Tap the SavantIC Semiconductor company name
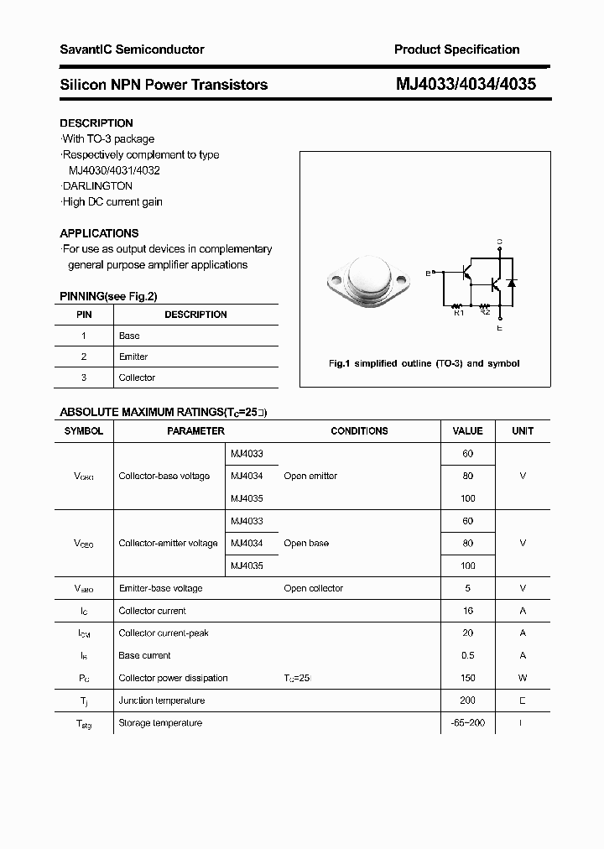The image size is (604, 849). click(x=132, y=49)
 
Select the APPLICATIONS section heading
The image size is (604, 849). click(x=99, y=233)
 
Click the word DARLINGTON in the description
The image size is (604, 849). click(x=97, y=186)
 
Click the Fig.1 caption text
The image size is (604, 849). click(x=424, y=363)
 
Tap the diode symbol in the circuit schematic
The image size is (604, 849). click(x=512, y=284)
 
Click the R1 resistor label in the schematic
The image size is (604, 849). click(x=458, y=313)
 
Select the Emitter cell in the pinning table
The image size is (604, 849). click(x=133, y=357)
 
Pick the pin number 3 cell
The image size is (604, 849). click(x=84, y=378)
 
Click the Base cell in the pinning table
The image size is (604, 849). click(x=129, y=336)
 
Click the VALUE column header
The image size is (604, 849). click(x=467, y=430)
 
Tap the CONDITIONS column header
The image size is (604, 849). click(x=359, y=430)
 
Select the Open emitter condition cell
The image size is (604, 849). click(x=310, y=476)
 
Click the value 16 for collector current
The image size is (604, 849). click(x=467, y=611)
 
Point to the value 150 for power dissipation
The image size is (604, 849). click(x=467, y=678)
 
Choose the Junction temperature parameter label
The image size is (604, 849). click(x=161, y=701)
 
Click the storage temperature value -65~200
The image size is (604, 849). click(x=467, y=722)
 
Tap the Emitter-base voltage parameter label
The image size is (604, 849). click(x=160, y=588)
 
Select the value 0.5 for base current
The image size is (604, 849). click(x=467, y=655)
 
